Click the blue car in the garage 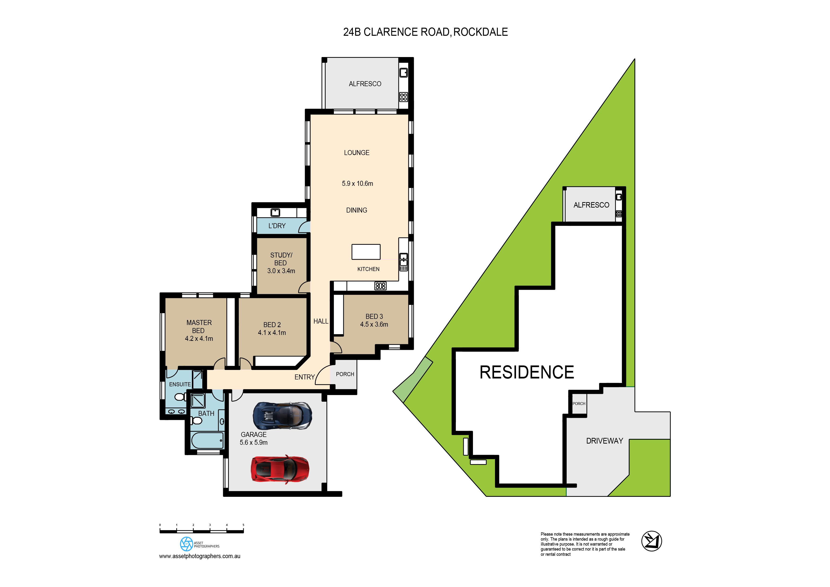282,416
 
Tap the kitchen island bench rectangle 366,252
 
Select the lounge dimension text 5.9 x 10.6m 357,183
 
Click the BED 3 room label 374,316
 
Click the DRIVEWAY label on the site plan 605,441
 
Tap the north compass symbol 651,541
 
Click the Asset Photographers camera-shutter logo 186,544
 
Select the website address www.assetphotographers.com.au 199,556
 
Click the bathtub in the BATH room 207,440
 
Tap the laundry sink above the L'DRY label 275,212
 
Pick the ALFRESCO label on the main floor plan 365,84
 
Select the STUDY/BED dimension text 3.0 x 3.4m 281,271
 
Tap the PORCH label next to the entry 345,374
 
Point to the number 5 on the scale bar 243,525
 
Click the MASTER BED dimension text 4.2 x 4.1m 199,338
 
